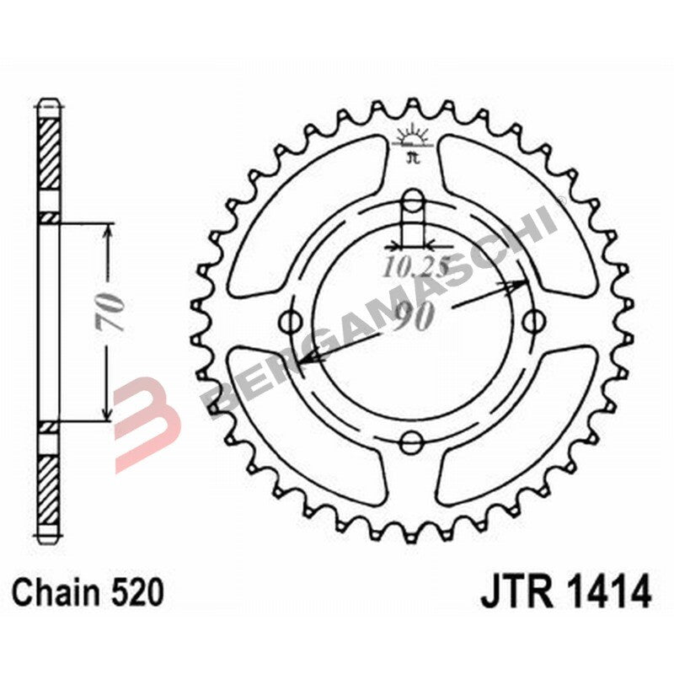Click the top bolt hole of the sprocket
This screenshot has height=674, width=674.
[x=412, y=201]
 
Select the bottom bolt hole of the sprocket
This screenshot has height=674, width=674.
[x=412, y=441]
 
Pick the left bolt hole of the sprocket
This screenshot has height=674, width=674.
[x=292, y=321]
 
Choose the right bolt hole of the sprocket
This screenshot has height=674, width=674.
[x=532, y=321]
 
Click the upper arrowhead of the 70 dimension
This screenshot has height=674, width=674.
[x=106, y=231]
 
